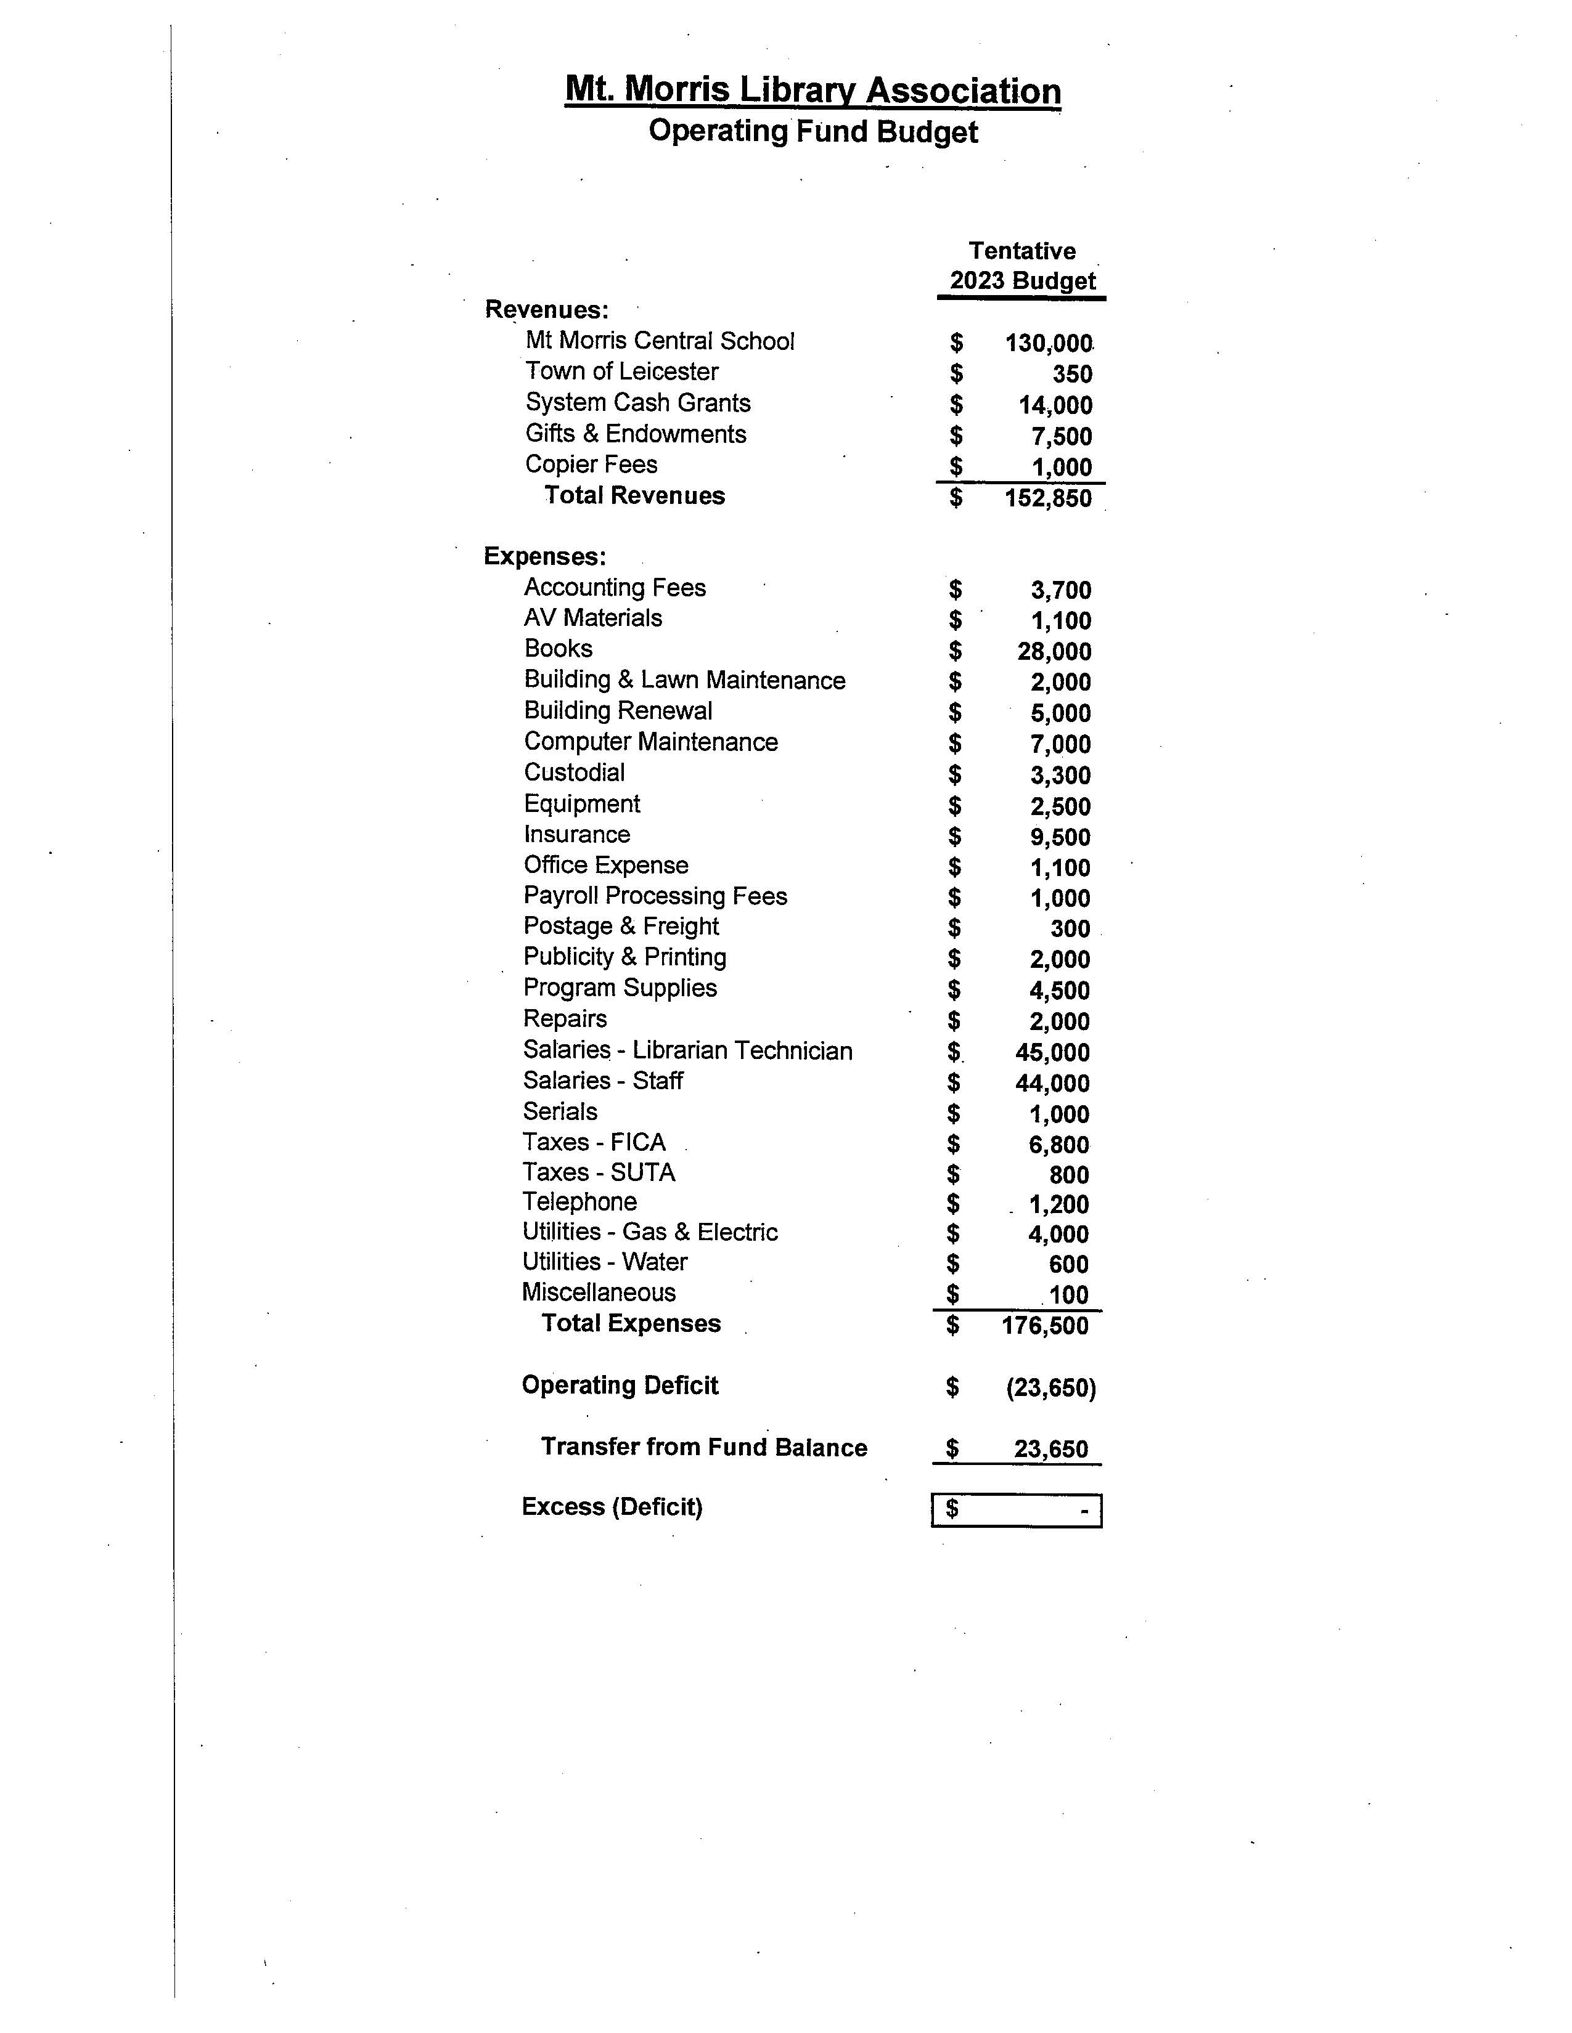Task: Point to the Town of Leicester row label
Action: (x=621, y=371)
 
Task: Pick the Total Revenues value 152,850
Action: (x=1047, y=498)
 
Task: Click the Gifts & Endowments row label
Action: (x=635, y=434)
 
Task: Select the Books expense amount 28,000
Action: (x=1054, y=652)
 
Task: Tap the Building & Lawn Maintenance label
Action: (x=684, y=681)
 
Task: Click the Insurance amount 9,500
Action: (x=1060, y=837)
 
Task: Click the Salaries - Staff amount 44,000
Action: (x=1052, y=1082)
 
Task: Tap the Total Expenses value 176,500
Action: (x=1045, y=1326)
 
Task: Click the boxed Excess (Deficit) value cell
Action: (x=1016, y=1510)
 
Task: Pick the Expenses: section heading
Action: (x=545, y=557)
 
